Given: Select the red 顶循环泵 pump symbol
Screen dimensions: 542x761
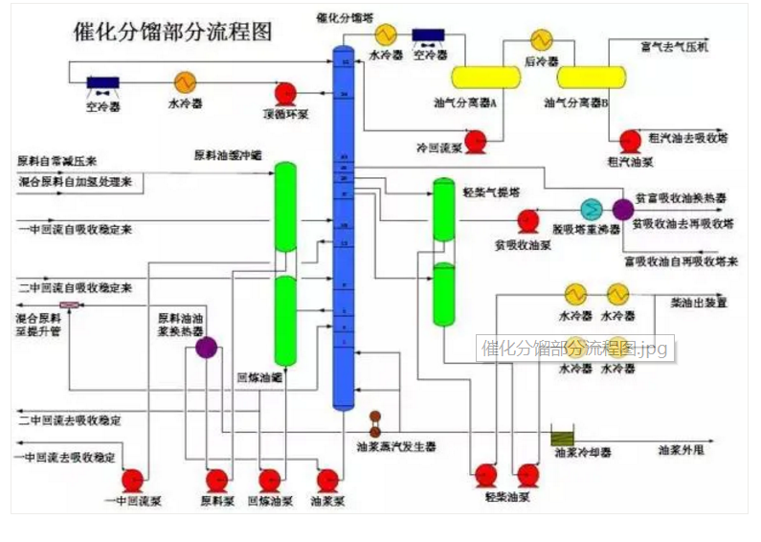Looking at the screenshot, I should pyautogui.click(x=285, y=93).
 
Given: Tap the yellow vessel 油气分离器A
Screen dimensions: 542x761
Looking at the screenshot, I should pyautogui.click(x=484, y=77).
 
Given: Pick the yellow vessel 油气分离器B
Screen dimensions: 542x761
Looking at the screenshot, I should pyautogui.click(x=591, y=77).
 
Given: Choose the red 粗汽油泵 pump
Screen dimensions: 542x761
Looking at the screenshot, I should pyautogui.click(x=630, y=142).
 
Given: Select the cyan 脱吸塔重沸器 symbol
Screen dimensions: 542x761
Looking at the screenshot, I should pyautogui.click(x=593, y=210).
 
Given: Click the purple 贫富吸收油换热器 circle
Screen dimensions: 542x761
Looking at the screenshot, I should pyautogui.click(x=623, y=209).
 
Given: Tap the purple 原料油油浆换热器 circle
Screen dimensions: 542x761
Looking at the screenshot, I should pyautogui.click(x=206, y=348).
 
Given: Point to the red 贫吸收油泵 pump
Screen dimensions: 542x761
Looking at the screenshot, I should pyautogui.click(x=527, y=221).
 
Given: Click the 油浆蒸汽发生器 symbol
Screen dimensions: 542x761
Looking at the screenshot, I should pyautogui.click(x=375, y=422).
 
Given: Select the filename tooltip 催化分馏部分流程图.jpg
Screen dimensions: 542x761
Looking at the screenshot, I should pyautogui.click(x=576, y=348).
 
